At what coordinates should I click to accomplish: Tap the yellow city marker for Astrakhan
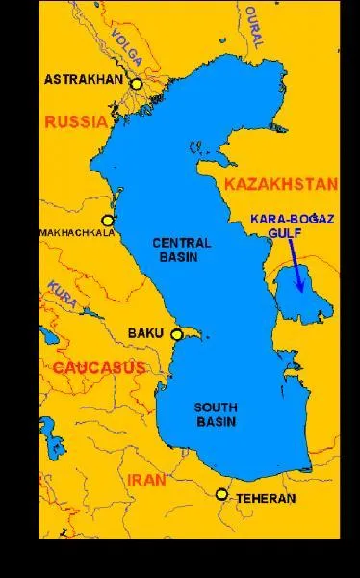coord(137,84)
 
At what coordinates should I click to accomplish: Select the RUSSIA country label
coord(75,122)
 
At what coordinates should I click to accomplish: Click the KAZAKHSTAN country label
coord(279,183)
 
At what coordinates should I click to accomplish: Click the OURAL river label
coord(252,26)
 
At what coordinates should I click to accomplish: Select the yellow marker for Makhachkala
coord(107,220)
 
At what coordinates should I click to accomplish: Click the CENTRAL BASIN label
coord(181,250)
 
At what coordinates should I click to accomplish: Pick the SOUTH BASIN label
coord(215,414)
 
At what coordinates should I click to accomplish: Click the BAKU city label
coord(146,333)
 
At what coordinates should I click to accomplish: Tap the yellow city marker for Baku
coord(176,334)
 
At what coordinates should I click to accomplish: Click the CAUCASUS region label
coord(98,368)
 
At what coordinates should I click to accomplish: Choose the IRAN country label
coord(146,479)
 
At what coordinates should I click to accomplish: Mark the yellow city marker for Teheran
coord(222,494)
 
